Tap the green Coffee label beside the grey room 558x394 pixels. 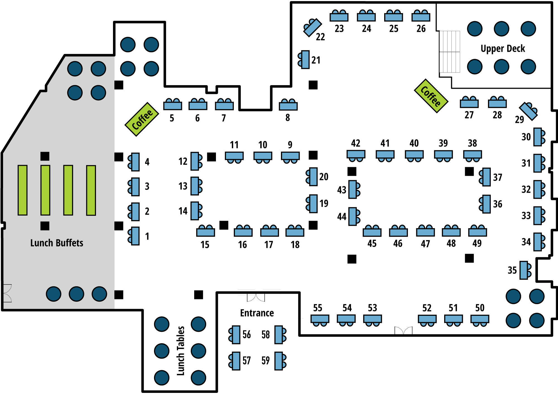142,119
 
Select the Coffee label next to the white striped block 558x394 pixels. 431,96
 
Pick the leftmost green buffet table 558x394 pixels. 23,190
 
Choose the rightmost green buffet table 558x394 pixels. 91,191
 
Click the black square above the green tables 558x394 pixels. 45,156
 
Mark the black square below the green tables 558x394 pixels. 45,226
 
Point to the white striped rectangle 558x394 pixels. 449,52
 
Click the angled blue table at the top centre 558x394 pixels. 312,28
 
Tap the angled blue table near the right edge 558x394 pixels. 528,111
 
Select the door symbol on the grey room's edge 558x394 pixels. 8,293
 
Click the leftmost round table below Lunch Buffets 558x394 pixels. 54,294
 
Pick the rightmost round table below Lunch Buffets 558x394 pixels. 99,294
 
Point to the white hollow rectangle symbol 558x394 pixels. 246,292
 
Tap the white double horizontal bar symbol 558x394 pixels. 272,292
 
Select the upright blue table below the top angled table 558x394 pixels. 305,59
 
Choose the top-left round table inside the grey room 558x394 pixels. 75,69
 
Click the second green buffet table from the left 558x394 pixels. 45,190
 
